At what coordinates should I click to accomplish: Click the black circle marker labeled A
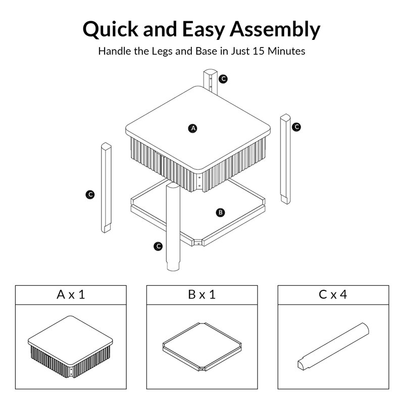tap(193, 128)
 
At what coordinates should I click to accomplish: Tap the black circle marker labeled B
tap(220, 213)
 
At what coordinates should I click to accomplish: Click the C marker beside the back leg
tap(224, 79)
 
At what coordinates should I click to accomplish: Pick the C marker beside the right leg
tap(296, 127)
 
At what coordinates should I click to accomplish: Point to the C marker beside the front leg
tap(159, 246)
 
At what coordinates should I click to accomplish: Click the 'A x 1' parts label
tap(71, 294)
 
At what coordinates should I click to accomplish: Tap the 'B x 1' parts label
tap(202, 294)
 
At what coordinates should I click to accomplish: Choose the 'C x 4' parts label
tap(333, 294)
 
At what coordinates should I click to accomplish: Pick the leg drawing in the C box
tap(333, 346)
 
